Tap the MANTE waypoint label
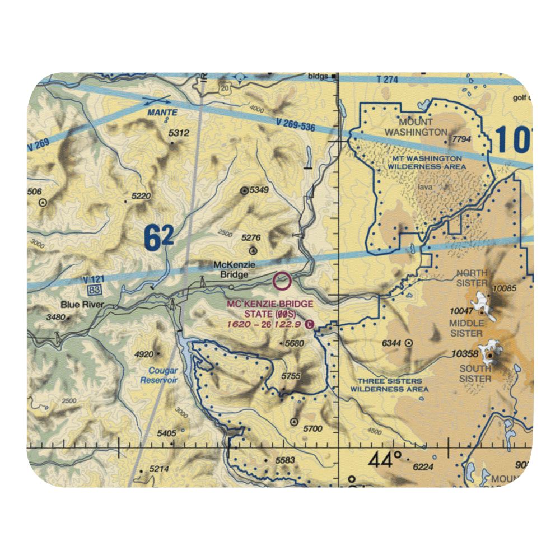click(x=162, y=113)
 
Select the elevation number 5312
click(x=179, y=133)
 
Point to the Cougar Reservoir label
click(x=163, y=375)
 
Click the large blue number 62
click(x=158, y=239)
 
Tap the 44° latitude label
click(x=386, y=460)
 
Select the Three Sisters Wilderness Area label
click(x=386, y=385)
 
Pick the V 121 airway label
click(x=93, y=279)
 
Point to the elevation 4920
click(x=144, y=354)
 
